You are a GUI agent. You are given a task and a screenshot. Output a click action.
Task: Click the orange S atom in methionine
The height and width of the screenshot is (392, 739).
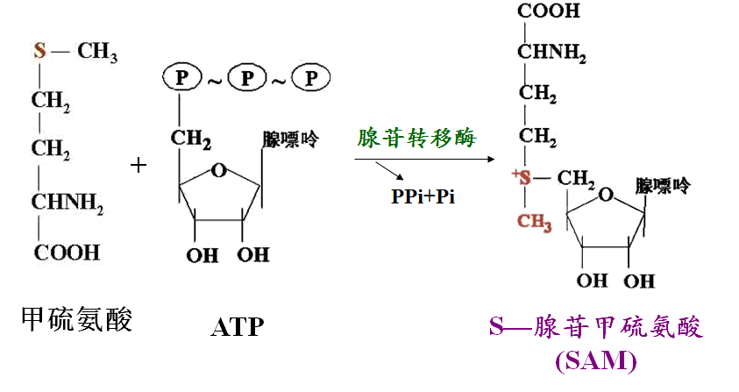39,50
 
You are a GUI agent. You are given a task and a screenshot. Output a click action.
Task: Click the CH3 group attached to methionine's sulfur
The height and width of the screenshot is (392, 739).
97,52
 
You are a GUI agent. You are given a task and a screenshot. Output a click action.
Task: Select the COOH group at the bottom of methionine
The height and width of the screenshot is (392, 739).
67,253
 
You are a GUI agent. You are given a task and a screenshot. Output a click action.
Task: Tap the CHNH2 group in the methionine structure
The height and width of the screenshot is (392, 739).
68,203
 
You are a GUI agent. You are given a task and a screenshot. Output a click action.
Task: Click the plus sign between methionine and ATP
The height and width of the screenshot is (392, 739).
139,165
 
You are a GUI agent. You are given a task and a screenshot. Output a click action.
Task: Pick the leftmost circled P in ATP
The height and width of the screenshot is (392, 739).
182,77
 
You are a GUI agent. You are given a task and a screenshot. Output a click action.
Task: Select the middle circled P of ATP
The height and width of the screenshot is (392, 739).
247,77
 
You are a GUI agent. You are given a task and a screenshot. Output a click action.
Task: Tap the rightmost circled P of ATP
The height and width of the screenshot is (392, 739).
310,77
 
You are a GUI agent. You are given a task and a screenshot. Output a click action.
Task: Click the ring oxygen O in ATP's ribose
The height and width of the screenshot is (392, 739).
218,170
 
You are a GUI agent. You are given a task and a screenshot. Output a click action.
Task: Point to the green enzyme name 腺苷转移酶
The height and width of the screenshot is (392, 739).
416,138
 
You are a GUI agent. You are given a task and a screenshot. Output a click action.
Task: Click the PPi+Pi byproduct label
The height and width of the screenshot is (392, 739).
423,196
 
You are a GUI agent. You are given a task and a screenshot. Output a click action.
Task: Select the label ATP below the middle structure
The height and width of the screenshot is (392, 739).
237,327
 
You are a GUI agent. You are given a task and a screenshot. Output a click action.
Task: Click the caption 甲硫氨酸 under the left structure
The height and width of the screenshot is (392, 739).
76,319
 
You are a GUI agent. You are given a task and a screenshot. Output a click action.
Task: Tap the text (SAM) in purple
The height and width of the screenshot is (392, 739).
596,360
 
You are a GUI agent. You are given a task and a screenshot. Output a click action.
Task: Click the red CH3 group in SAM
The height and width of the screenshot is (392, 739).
535,222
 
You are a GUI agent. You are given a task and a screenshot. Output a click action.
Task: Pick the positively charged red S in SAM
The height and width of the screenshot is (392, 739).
522,177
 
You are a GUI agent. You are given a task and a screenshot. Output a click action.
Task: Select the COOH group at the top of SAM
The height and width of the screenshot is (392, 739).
549,11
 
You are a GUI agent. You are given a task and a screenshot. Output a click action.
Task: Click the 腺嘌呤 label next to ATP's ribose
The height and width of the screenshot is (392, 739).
290,139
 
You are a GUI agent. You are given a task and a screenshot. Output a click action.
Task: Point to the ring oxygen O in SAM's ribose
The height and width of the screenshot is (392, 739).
606,194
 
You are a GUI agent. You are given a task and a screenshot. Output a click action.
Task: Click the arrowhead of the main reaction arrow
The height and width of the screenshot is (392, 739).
491,159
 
